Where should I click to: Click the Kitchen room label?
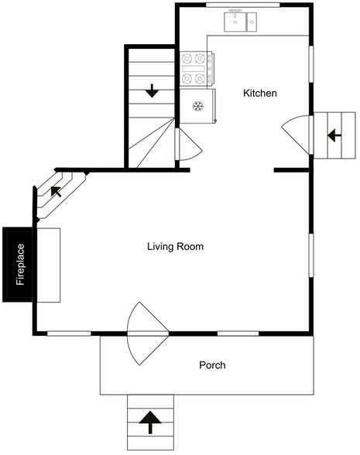(x=260, y=93)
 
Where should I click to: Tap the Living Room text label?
(x=175, y=247)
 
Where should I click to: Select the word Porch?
(x=212, y=365)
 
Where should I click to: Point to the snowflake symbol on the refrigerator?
(x=198, y=106)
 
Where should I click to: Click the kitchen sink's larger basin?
(x=235, y=22)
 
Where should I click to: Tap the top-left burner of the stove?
(x=187, y=59)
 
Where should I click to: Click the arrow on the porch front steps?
(x=150, y=422)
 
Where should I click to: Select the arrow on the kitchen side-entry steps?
(x=334, y=135)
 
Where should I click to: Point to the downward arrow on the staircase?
(x=152, y=91)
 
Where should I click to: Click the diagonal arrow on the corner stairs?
(x=56, y=192)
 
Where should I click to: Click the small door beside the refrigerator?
(x=189, y=145)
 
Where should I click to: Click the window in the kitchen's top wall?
(x=243, y=5)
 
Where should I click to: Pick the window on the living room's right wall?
(x=311, y=255)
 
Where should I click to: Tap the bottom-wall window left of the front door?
(x=69, y=334)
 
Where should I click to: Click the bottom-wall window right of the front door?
(x=238, y=334)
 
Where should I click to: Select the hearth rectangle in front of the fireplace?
(x=49, y=265)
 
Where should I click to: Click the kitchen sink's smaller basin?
(x=252, y=22)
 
